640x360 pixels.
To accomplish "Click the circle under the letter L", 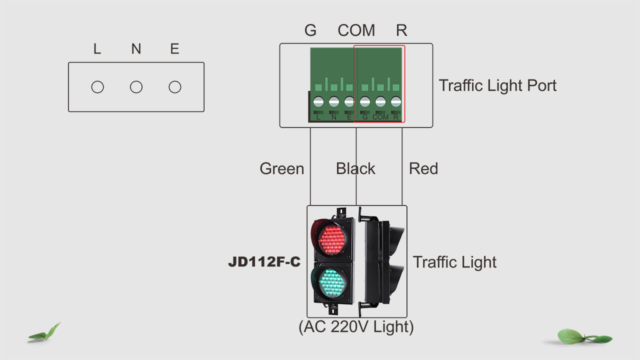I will (x=97, y=87).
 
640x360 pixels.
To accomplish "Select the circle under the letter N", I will (x=136, y=87).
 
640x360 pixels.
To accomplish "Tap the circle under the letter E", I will (x=174, y=87).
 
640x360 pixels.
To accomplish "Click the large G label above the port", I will (x=310, y=30).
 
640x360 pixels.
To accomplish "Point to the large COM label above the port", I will (x=356, y=30).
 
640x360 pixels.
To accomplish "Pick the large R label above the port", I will (x=401, y=30).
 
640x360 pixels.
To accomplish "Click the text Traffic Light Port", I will (x=497, y=85).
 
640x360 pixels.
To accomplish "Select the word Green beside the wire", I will (x=281, y=168).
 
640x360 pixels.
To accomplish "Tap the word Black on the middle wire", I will (x=355, y=168).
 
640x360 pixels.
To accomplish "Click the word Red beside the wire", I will (x=423, y=168).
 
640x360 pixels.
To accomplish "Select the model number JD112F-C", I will (x=264, y=262).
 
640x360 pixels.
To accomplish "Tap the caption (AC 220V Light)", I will (x=356, y=327).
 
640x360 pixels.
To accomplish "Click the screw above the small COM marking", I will (x=380, y=102).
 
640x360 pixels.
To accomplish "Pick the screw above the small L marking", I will (x=318, y=102).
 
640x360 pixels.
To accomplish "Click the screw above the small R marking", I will (x=396, y=102).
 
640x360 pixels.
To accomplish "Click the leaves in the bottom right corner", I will (x=582, y=336).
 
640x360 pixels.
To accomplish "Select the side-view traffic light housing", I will (x=383, y=261).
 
